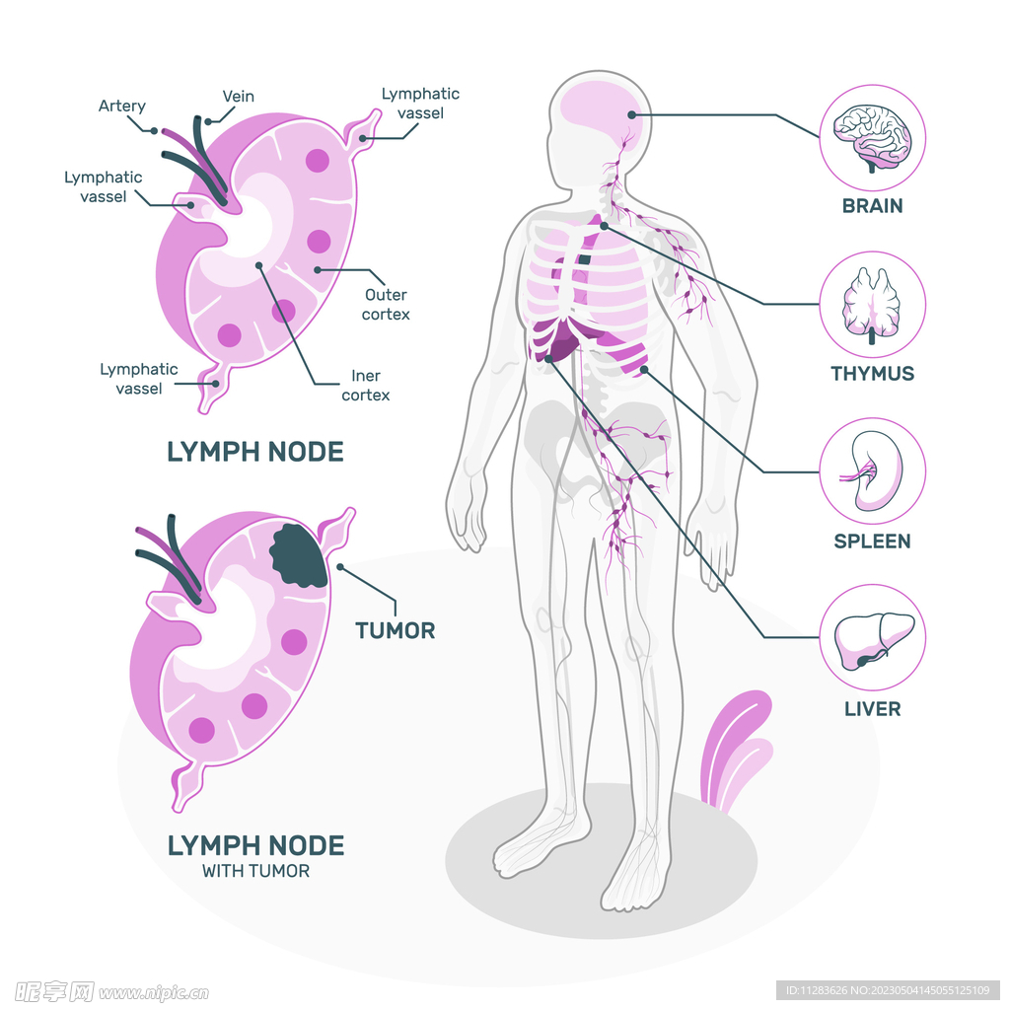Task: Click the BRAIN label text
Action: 872,206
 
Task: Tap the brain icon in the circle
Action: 872,138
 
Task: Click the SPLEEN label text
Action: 872,541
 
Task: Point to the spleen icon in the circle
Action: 873,471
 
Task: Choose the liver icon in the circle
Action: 874,640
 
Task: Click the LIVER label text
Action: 872,709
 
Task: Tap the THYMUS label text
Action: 872,374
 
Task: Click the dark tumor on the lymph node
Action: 299,555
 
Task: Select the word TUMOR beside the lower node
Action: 395,630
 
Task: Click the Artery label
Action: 121,107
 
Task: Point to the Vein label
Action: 239,97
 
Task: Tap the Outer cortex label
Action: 386,305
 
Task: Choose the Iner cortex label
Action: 365,386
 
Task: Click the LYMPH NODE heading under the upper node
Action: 255,452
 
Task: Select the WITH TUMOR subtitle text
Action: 255,871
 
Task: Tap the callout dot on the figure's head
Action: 632,114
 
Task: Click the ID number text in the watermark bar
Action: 889,990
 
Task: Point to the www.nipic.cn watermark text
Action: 153,992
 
